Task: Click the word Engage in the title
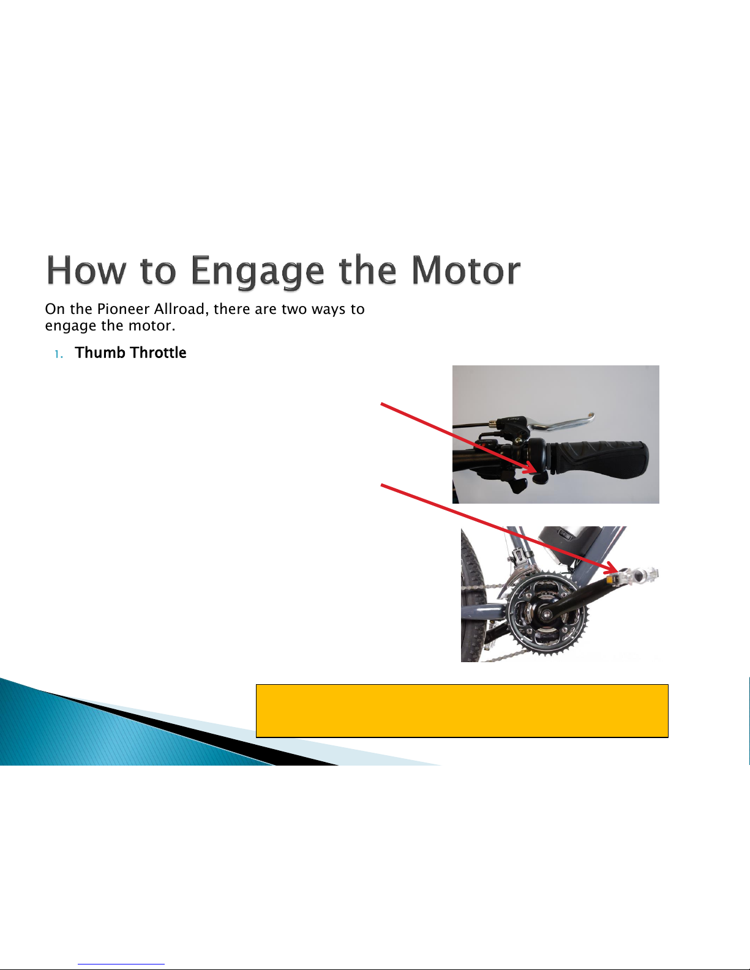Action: click(x=257, y=271)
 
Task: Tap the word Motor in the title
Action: click(x=466, y=270)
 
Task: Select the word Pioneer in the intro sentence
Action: click(x=123, y=309)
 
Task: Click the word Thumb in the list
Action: click(x=100, y=353)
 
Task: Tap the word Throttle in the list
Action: click(x=158, y=353)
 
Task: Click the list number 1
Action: click(x=58, y=354)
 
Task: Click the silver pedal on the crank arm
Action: click(x=636, y=575)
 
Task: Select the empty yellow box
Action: click(x=462, y=711)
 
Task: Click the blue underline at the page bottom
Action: click(x=121, y=964)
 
